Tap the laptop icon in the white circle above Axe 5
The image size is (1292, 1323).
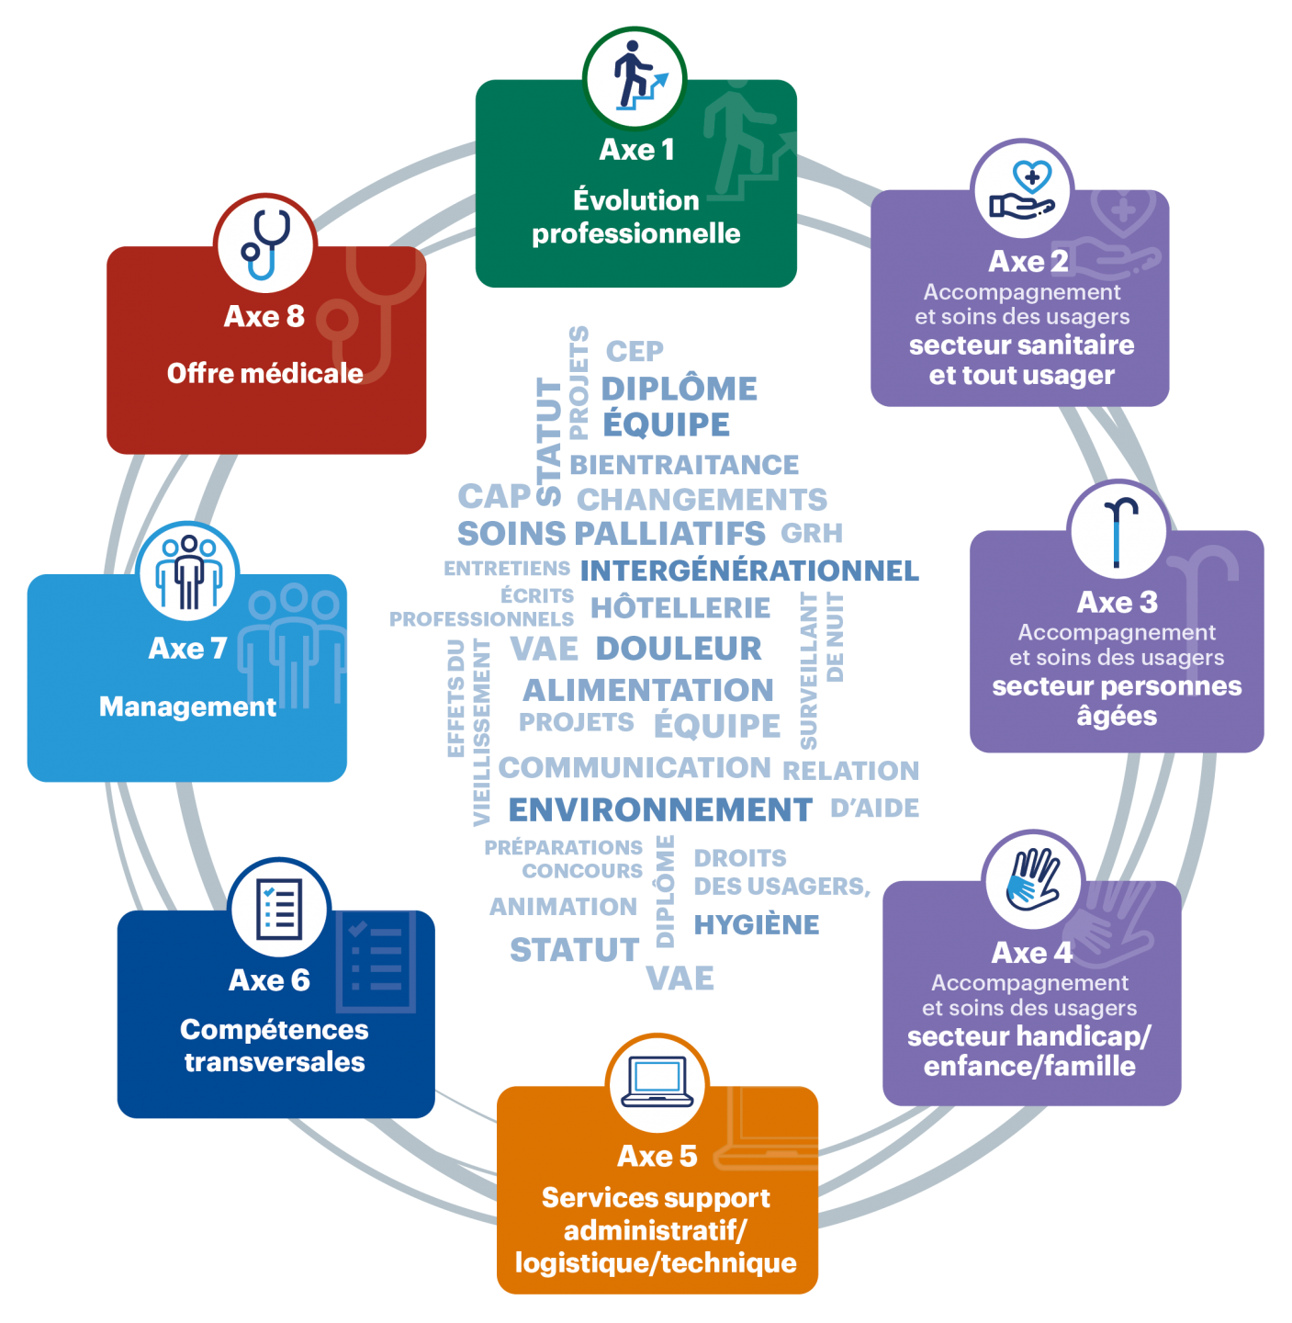coord(657,1081)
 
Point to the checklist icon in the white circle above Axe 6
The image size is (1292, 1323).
coord(279,909)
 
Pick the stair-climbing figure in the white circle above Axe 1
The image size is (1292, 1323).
coord(639,75)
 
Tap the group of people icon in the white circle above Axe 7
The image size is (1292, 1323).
coord(188,571)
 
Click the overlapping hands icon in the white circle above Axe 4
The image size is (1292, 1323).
coord(1032,879)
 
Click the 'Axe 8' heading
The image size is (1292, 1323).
coord(264,316)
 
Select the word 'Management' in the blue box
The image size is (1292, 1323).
coord(187,707)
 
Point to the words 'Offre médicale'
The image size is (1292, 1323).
coord(265,373)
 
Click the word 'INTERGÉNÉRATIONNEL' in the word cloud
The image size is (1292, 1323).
coord(749,570)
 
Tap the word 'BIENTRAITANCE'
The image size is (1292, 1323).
coord(684,465)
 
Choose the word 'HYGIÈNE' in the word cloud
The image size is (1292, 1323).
coord(757,924)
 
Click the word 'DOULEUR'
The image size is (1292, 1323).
coord(679,648)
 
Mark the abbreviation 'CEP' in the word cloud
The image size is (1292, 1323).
coord(635,352)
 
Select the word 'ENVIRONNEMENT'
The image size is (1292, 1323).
coord(660,809)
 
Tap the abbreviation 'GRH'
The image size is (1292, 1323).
coord(812,533)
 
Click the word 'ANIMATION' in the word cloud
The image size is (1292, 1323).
coord(564,906)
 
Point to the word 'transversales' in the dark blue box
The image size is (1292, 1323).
coord(275,1062)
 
